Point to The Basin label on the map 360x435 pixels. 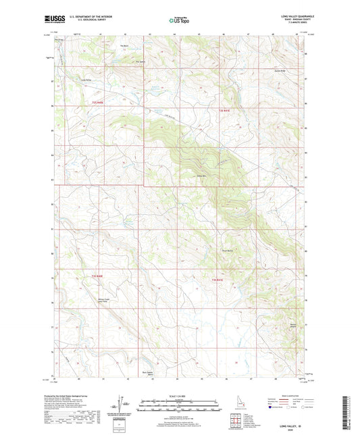(x=124, y=46)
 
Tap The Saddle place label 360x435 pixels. (x=140, y=61)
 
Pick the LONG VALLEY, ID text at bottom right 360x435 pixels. (x=290, y=424)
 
